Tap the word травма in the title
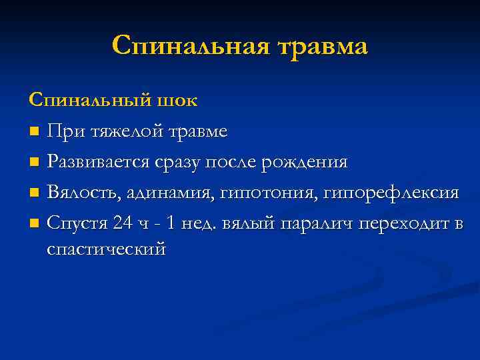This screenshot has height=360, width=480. pos(320,47)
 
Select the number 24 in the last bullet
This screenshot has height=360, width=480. pos(123,223)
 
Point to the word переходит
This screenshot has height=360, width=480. pos(404,223)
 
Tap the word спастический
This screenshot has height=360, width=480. pos(106,249)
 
